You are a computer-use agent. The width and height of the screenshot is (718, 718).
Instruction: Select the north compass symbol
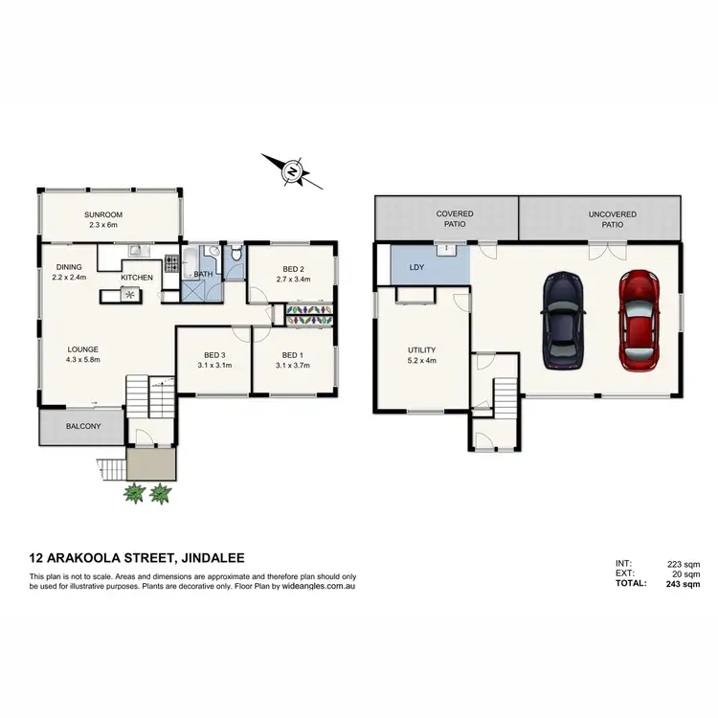292,172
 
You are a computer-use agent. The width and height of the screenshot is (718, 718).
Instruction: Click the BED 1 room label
291,359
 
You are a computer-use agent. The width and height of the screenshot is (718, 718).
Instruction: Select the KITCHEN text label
136,278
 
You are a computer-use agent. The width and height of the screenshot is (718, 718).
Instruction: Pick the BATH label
203,275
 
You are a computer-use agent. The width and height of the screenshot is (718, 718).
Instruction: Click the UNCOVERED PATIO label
606,219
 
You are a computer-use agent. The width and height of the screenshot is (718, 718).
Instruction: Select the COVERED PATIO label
455,219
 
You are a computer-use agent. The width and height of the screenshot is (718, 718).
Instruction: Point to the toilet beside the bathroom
235,259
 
